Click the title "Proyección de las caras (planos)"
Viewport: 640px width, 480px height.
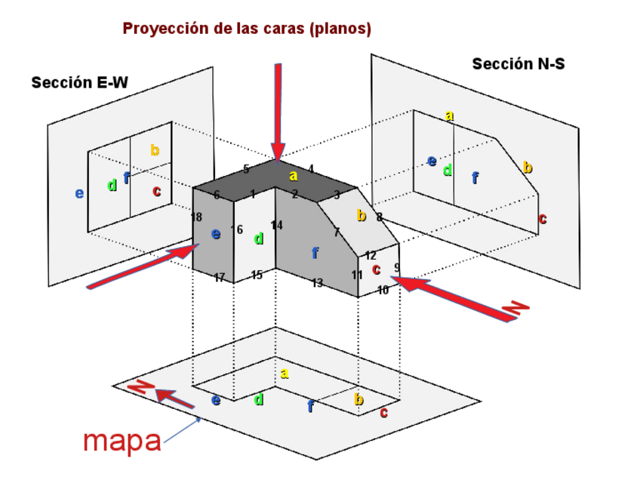[x=247, y=29]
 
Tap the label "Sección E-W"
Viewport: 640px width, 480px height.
[x=80, y=83]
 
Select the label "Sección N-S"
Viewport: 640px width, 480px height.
[x=518, y=64]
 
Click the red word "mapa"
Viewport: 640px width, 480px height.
[x=122, y=440]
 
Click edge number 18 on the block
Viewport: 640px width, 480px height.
[x=196, y=217]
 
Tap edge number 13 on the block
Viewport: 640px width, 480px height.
[x=317, y=283]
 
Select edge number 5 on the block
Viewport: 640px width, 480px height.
[x=246, y=169]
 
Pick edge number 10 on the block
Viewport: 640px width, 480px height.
[x=383, y=290]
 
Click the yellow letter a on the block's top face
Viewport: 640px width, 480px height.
[x=294, y=176]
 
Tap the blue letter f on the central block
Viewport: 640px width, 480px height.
[x=315, y=253]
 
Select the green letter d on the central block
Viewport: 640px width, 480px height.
[x=259, y=238]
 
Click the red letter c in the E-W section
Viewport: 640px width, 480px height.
[x=156, y=191]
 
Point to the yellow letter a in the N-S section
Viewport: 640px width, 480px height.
[x=449, y=115]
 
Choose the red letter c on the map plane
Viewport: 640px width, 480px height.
[x=383, y=412]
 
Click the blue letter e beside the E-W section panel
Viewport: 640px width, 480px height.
[x=79, y=193]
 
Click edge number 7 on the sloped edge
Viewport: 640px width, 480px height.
[x=337, y=232]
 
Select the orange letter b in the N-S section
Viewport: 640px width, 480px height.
[x=527, y=168]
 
